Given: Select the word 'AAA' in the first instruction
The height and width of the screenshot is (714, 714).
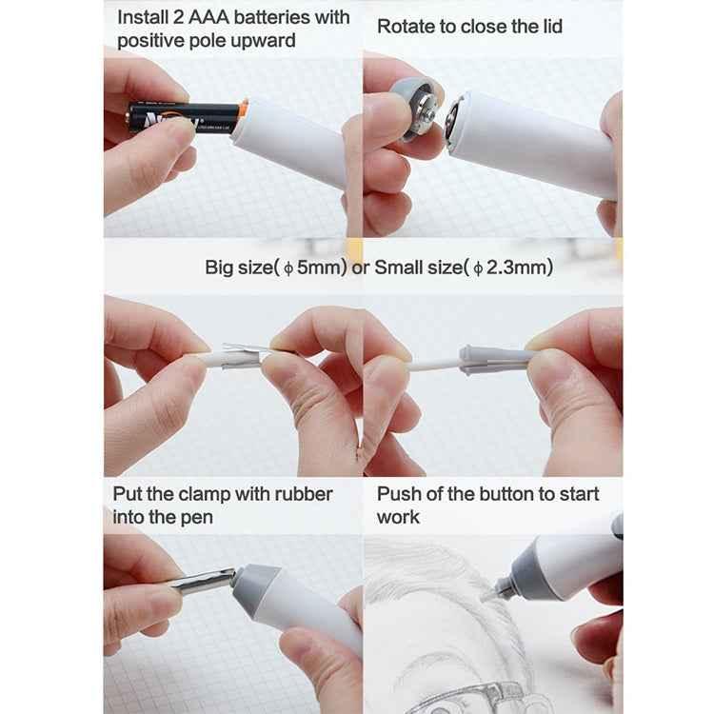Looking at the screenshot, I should [x=198, y=17].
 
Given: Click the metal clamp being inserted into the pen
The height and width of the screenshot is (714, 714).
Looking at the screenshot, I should [x=203, y=580].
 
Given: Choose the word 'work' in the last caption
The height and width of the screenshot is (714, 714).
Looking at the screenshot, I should [x=398, y=517].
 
